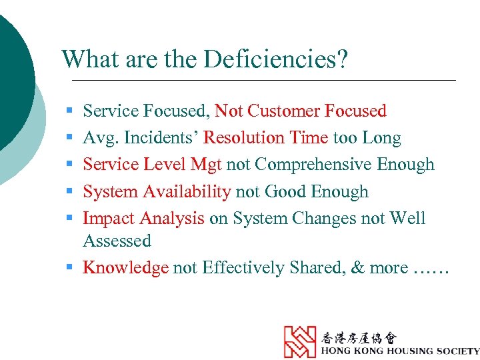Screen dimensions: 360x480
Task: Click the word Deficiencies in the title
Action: coord(276,60)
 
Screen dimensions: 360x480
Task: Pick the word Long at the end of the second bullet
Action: coord(381,138)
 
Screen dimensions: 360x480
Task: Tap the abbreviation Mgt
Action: coord(206,165)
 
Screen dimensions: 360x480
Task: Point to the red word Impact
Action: coord(108,219)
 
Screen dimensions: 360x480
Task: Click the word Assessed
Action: coord(117,241)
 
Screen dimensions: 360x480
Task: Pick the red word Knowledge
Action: coord(126,268)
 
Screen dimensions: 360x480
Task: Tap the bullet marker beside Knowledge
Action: coord(69,268)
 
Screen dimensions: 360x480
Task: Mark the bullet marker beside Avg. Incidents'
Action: coord(69,139)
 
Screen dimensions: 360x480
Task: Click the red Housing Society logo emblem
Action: coord(300,341)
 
